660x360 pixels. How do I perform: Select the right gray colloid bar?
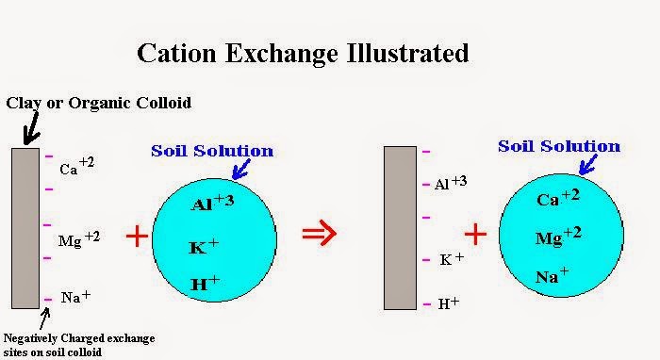click(x=400, y=227)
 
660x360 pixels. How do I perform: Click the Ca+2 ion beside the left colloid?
click(x=77, y=167)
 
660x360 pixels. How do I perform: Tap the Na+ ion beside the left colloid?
click(x=75, y=297)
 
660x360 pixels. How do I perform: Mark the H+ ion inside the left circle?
click(x=206, y=284)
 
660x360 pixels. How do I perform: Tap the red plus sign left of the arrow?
click(x=137, y=236)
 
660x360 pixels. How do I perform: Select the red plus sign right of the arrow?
click(x=474, y=234)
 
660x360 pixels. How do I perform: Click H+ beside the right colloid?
click(x=447, y=303)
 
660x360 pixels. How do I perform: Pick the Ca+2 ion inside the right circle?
click(x=556, y=199)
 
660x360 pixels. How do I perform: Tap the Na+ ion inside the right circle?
click(x=552, y=276)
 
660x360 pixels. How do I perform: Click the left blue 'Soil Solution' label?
click(x=211, y=151)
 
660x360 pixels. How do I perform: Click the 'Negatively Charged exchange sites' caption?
click(x=79, y=342)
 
